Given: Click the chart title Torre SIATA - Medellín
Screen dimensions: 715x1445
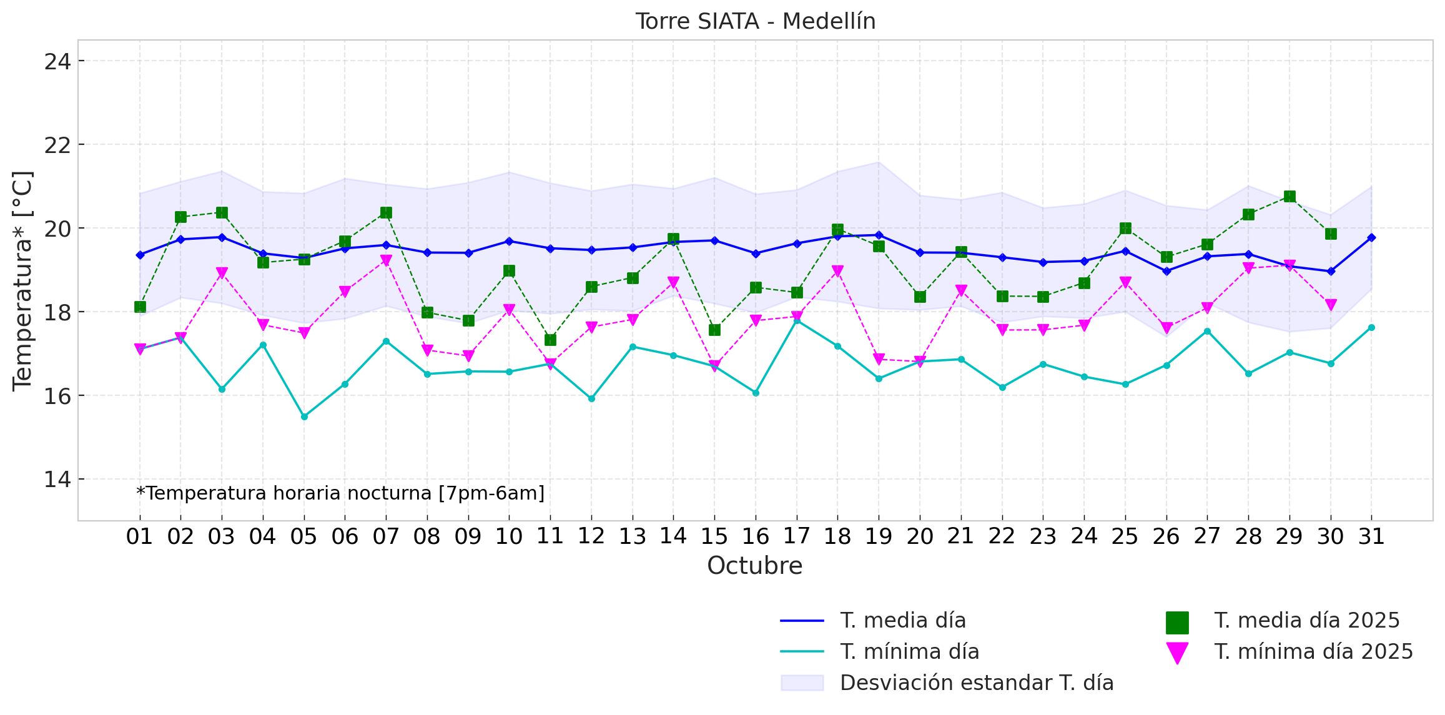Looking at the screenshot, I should pyautogui.click(x=755, y=21).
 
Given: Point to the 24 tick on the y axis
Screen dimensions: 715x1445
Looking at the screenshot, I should pyautogui.click(x=57, y=61).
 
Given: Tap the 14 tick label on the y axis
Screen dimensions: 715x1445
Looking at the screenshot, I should pyautogui.click(x=57, y=480).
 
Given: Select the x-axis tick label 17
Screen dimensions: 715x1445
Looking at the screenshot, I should pyautogui.click(x=796, y=536).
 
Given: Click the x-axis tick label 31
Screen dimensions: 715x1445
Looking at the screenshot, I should pyautogui.click(x=1371, y=536).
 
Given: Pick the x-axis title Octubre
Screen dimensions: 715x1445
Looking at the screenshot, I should pyautogui.click(x=754, y=566).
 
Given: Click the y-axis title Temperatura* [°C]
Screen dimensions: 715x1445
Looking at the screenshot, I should pyautogui.click(x=22, y=281).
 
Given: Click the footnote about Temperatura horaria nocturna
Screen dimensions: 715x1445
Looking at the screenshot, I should pyautogui.click(x=340, y=493).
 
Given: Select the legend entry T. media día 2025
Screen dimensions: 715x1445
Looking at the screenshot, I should pyautogui.click(x=1306, y=621).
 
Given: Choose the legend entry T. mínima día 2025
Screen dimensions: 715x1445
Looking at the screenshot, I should pyautogui.click(x=1313, y=652).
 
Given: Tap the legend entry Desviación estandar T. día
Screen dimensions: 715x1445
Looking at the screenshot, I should pyautogui.click(x=977, y=683).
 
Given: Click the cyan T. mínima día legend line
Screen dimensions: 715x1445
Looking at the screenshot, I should pyautogui.click(x=802, y=652).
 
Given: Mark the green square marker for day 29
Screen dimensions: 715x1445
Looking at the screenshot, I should pyautogui.click(x=1290, y=197).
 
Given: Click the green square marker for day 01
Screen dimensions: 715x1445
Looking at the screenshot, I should pyautogui.click(x=140, y=307).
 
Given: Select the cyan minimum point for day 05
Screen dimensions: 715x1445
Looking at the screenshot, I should pyautogui.click(x=304, y=417).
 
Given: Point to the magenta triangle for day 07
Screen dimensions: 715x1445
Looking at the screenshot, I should pyautogui.click(x=386, y=260).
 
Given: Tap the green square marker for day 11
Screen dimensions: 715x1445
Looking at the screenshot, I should pyautogui.click(x=550, y=340).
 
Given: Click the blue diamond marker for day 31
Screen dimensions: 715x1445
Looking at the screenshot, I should pyautogui.click(x=1371, y=238).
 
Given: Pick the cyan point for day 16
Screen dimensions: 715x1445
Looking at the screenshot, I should pyautogui.click(x=756, y=393).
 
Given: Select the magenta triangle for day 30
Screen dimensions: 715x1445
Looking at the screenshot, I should pyautogui.click(x=1331, y=305).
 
